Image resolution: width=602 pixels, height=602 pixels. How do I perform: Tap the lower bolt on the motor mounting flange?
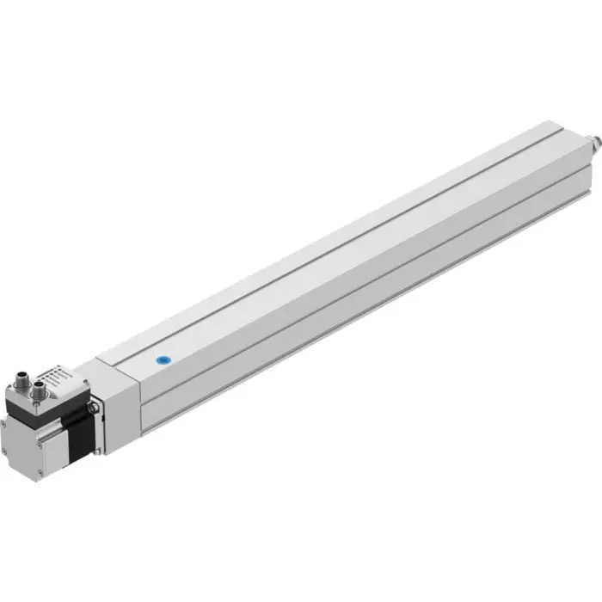(99, 446)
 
